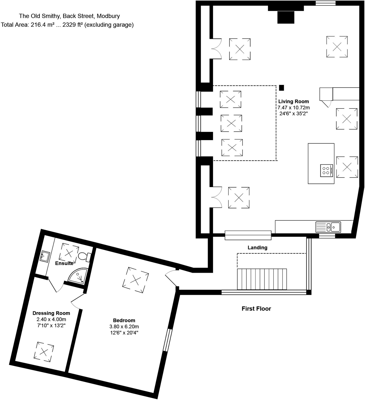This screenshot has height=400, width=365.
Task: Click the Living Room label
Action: [x=294, y=101]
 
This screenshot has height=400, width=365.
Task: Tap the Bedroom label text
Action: [x=124, y=320]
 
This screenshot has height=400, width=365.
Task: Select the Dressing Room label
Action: [x=51, y=313]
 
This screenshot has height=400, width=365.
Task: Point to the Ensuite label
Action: [x=64, y=263]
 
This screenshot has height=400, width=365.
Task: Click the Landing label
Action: [x=257, y=248]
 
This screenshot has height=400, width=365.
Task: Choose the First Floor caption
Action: [x=256, y=309]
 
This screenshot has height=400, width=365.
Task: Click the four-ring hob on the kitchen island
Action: [x=326, y=171]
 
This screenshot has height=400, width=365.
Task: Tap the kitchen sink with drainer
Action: [x=328, y=227]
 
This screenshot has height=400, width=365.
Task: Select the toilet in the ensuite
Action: [x=84, y=256]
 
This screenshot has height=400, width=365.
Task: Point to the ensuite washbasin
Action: [x=45, y=256]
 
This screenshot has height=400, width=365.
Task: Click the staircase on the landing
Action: [x=262, y=279]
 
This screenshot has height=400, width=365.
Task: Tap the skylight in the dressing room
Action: [x=44, y=352]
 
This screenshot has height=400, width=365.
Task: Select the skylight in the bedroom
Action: [x=135, y=280]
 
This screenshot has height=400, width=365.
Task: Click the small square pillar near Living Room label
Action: [x=281, y=88]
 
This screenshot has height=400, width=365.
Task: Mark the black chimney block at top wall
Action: [x=286, y=17]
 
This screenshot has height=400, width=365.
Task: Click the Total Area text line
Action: [x=67, y=25]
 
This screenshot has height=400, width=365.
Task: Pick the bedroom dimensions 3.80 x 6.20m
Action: [x=124, y=327]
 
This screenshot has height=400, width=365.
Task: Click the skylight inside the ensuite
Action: [x=69, y=253]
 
